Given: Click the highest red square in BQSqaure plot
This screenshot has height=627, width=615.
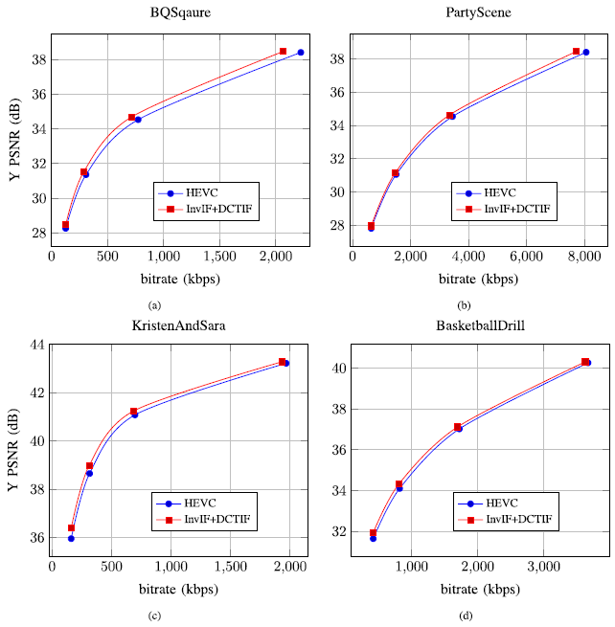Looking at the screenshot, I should pyautogui.click(x=283, y=51).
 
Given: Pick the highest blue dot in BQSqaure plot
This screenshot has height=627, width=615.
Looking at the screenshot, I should pyautogui.click(x=301, y=53).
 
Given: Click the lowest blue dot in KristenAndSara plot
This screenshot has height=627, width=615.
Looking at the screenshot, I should pyautogui.click(x=71, y=539).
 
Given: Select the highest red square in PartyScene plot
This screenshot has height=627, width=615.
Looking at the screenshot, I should pyautogui.click(x=576, y=51).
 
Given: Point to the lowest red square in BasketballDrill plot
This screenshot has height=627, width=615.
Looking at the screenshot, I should pyautogui.click(x=374, y=533).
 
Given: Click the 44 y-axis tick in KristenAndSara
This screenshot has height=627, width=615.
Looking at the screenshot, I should pyautogui.click(x=39, y=344).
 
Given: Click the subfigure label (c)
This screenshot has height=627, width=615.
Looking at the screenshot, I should pyautogui.click(x=155, y=616).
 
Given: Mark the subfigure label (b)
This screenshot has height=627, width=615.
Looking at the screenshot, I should pyautogui.click(x=467, y=304).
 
